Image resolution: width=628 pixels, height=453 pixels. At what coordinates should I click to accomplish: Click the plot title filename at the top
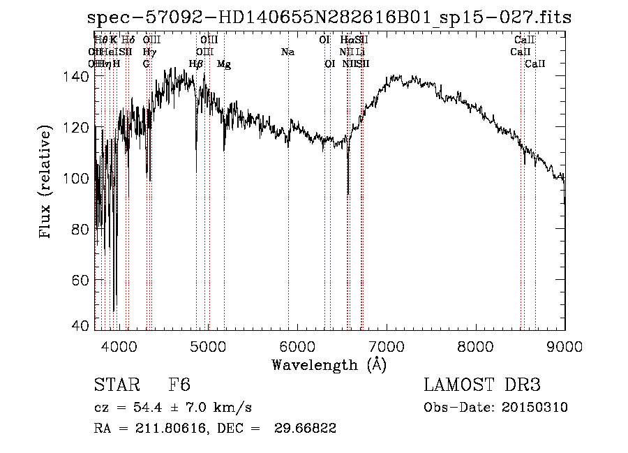[x=333, y=17]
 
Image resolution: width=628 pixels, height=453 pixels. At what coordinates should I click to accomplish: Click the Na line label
[x=287, y=52]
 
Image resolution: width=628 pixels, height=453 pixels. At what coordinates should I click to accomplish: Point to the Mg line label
[x=224, y=64]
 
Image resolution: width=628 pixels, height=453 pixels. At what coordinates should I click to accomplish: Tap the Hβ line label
[x=196, y=64]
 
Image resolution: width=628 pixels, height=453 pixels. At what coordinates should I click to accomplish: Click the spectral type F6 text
[x=179, y=385]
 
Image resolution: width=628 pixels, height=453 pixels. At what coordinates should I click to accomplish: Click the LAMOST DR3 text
[x=482, y=385]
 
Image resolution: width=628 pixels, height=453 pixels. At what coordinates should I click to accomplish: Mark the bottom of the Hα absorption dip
[x=348, y=195]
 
